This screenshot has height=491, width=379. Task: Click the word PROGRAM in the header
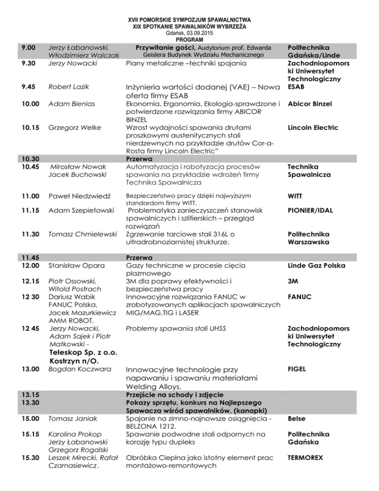pyautogui.click(x=189, y=39)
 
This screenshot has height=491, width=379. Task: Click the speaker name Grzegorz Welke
pyautogui.click(x=73, y=128)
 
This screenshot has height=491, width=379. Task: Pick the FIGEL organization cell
pyautogui.click(x=299, y=368)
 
